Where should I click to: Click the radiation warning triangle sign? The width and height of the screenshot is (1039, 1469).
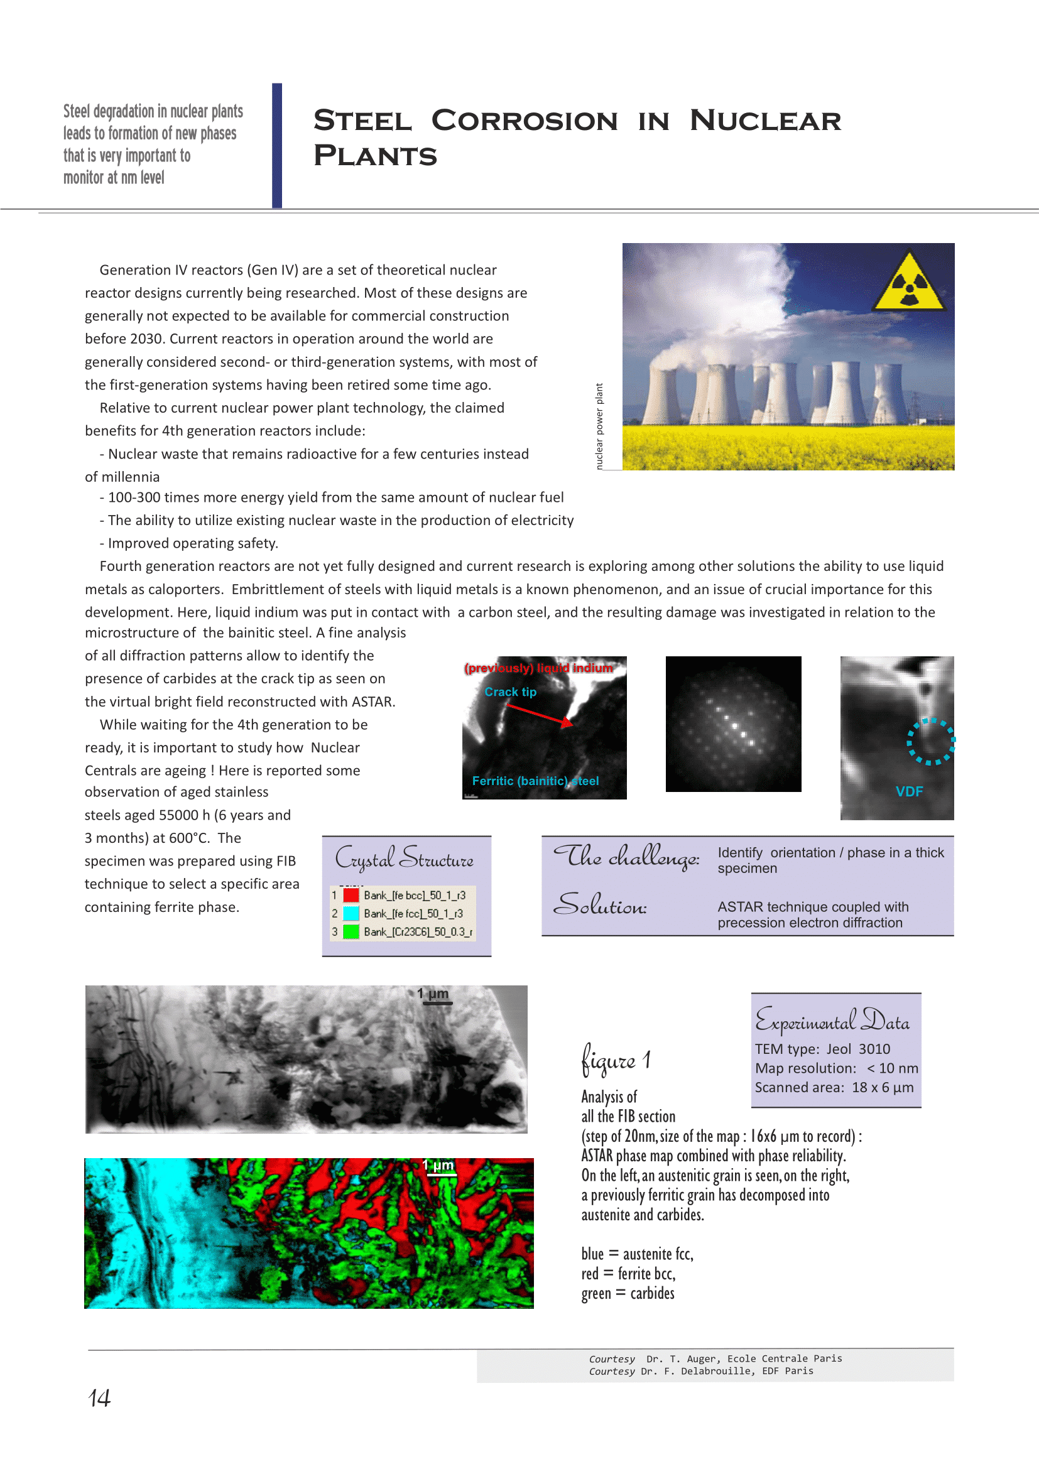coord(908,283)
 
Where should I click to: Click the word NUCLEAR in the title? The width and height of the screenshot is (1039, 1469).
coord(765,121)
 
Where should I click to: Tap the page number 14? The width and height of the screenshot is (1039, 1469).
coord(99,1397)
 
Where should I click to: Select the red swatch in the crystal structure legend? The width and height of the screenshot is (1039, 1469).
coord(351,894)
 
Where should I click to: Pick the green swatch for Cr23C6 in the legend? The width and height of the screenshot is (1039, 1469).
coord(351,931)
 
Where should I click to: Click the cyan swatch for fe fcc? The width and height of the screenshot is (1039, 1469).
coord(351,913)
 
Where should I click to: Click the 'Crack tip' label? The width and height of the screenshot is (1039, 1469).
coord(510,691)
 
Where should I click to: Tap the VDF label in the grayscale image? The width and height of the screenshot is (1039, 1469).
coord(908,791)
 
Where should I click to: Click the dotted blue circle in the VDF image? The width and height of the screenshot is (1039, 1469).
coord(930,742)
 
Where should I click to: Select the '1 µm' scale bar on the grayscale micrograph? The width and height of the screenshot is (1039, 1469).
coord(437,1002)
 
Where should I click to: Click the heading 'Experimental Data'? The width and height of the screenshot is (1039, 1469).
coord(832,1021)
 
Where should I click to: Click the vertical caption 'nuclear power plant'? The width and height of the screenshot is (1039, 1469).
coord(599,426)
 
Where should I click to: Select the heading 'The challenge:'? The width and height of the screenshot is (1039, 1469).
coord(626,856)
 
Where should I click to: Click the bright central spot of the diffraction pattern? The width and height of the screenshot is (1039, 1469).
coord(734,726)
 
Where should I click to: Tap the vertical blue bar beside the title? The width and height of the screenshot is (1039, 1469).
coord(276,145)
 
